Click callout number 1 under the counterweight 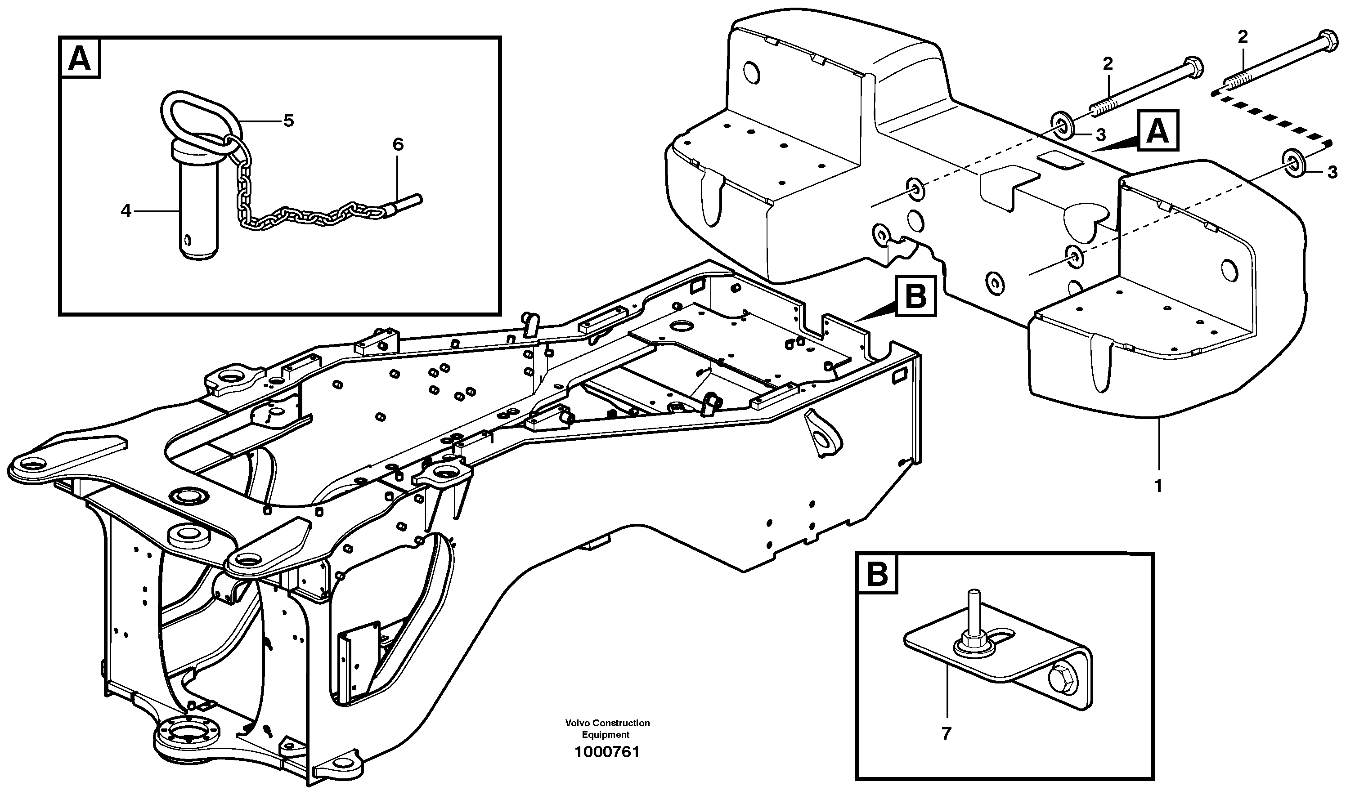pyautogui.click(x=1158, y=487)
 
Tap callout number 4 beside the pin pyautogui.click(x=126, y=211)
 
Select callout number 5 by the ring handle pyautogui.click(x=289, y=121)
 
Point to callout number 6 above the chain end pyautogui.click(x=398, y=145)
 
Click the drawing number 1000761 pyautogui.click(x=607, y=753)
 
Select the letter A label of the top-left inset pyautogui.click(x=80, y=59)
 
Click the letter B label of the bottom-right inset pyautogui.click(x=877, y=574)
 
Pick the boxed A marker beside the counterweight pyautogui.click(x=1158, y=131)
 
